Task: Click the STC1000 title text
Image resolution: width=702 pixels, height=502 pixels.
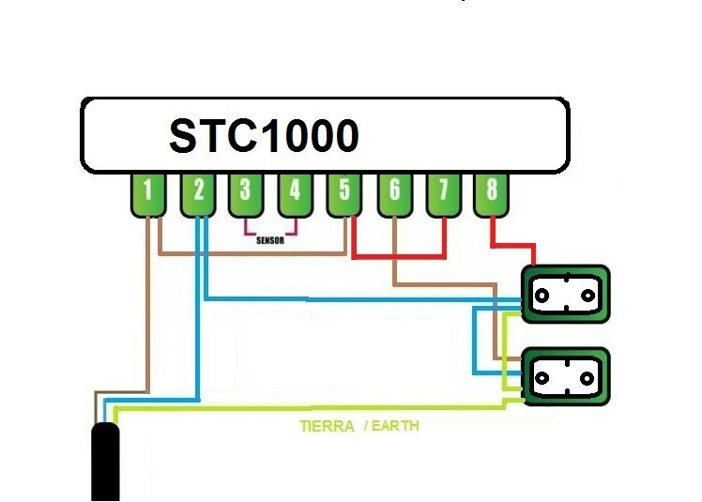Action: (264, 136)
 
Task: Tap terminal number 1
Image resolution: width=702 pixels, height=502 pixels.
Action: (147, 193)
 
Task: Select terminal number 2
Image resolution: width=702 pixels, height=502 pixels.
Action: (197, 193)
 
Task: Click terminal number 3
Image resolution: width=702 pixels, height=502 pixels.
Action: (246, 193)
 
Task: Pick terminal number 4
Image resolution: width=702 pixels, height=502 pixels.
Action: (295, 193)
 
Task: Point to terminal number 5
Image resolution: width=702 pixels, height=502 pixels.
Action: (344, 193)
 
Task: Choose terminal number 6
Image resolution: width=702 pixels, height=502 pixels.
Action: (394, 193)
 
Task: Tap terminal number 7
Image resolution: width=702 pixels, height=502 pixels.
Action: (444, 193)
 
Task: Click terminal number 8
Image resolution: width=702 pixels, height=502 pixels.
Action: (493, 193)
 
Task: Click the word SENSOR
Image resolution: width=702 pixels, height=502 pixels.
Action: (270, 239)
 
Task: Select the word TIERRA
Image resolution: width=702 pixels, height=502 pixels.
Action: (327, 426)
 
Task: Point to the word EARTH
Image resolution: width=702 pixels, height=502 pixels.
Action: (395, 426)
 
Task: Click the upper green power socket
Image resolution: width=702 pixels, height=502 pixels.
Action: (565, 295)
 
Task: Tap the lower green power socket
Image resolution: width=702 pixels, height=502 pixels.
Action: (565, 378)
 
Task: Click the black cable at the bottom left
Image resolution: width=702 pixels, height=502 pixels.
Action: (104, 464)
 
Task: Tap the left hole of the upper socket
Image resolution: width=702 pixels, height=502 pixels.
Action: (541, 295)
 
